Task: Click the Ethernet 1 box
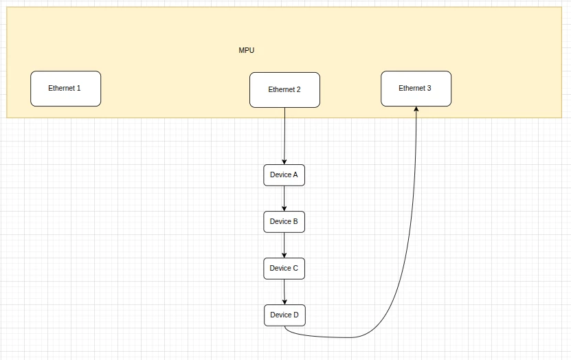pyautogui.click(x=65, y=89)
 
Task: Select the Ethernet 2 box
pyautogui.click(x=284, y=90)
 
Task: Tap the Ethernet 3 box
pyautogui.click(x=416, y=89)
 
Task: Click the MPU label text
pyautogui.click(x=247, y=50)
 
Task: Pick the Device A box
pyautogui.click(x=284, y=175)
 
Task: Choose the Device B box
pyautogui.click(x=284, y=222)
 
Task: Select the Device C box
pyautogui.click(x=284, y=269)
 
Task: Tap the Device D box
pyautogui.click(x=284, y=315)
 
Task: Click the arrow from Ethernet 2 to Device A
pyautogui.click(x=284, y=136)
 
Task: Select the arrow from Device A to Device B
pyautogui.click(x=284, y=199)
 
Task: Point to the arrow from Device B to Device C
pyautogui.click(x=284, y=245)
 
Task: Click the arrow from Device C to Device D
pyautogui.click(x=284, y=292)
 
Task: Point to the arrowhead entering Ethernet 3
pyautogui.click(x=416, y=109)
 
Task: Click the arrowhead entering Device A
pyautogui.click(x=284, y=162)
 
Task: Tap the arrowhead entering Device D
pyautogui.click(x=284, y=302)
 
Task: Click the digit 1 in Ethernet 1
pyautogui.click(x=78, y=88)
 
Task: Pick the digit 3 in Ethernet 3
pyautogui.click(x=429, y=88)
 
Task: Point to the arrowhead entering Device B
pyautogui.click(x=284, y=209)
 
